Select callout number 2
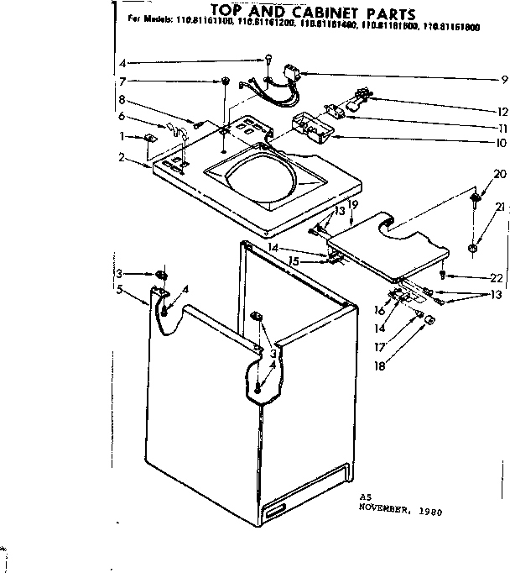point(122,156)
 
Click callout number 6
point(122,115)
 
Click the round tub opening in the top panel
point(261,177)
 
